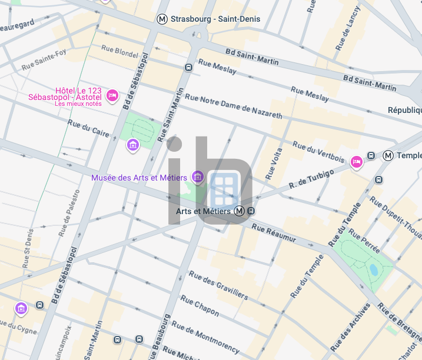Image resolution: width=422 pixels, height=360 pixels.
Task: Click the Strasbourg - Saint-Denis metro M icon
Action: pyautogui.click(x=162, y=19)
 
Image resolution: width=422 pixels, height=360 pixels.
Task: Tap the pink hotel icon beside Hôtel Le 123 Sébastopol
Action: pyautogui.click(x=112, y=95)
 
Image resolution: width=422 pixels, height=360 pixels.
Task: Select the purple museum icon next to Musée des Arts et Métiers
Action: pyautogui.click(x=198, y=176)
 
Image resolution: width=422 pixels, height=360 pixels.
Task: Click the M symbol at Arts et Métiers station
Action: pyautogui.click(x=239, y=211)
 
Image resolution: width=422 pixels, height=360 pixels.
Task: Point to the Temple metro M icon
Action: pyautogui.click(x=388, y=155)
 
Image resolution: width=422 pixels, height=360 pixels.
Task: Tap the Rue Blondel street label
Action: pyautogui.click(x=119, y=51)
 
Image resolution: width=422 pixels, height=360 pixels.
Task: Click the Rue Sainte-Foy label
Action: pyautogui.click(x=44, y=60)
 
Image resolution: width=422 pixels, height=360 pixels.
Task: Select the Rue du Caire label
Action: pyautogui.click(x=88, y=128)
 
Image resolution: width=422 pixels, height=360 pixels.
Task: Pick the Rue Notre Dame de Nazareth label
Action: pyautogui.click(x=233, y=106)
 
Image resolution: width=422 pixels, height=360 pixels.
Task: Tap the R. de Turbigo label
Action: pyautogui.click(x=311, y=179)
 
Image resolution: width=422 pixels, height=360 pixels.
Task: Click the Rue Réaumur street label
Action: pyautogui.click(x=274, y=234)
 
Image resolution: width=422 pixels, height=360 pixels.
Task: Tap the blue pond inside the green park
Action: pyautogui.click(x=374, y=271)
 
